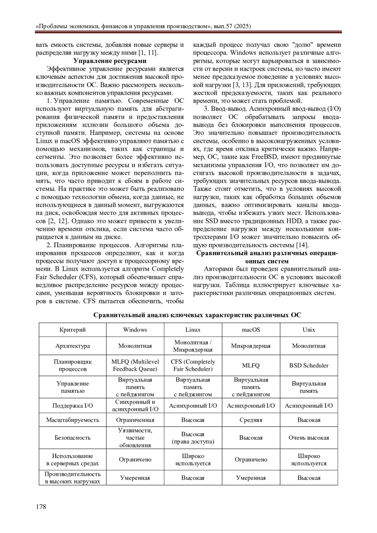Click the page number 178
41,507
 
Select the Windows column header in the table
135,330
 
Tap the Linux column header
193,330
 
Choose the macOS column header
251,330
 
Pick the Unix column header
309,330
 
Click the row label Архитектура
73,346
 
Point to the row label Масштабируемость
73,420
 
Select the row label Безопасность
73,438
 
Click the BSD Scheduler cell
309,366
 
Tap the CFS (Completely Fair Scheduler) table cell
193,366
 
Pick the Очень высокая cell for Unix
309,438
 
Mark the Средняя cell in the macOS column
251,420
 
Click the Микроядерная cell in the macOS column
251,346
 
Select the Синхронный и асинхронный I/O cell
135,405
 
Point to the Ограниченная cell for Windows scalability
135,420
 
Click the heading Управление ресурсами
110,61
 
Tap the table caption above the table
197,315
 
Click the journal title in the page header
143,26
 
